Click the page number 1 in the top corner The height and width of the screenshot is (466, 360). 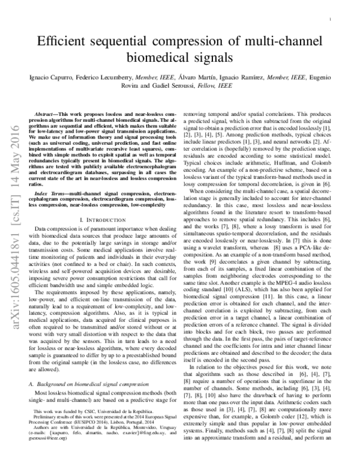339,19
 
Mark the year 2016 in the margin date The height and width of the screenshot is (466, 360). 12,136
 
